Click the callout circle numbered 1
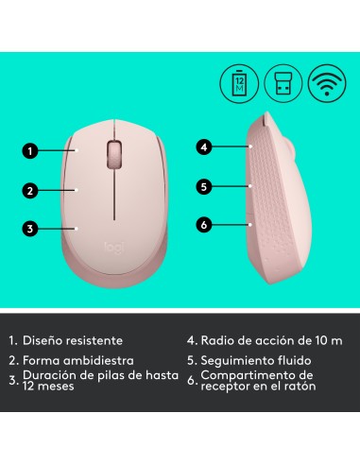pos(31,149)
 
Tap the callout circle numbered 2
pos(31,189)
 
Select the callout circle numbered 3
pos(31,228)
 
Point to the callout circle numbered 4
pos(202,147)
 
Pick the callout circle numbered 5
pos(202,186)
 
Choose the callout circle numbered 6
pos(202,225)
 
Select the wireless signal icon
pos(323,81)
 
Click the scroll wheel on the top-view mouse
pos(115,152)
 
